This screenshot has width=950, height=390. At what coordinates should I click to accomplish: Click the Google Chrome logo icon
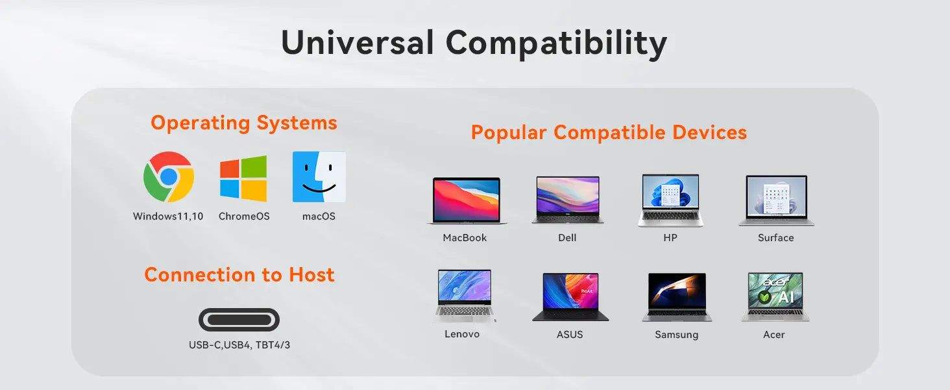169,177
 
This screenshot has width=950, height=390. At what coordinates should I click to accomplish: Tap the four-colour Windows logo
243,179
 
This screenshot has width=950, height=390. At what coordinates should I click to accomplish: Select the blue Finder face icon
319,177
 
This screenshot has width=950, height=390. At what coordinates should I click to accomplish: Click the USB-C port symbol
239,320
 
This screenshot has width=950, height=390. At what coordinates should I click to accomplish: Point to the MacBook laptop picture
467,200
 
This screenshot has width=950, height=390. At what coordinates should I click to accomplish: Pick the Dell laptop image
568,200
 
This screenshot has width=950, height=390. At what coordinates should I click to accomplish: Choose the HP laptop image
670,200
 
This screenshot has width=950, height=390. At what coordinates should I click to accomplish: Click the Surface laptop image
777,200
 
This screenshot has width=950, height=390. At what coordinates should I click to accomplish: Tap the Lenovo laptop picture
465,296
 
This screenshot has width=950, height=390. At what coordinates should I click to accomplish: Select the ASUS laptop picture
570,296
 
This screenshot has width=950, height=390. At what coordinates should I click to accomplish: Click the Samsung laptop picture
677,297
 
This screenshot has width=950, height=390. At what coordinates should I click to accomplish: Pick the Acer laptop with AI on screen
775,296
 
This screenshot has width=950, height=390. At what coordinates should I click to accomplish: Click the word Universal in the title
358,42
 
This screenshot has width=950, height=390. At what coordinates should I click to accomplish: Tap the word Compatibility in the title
556,44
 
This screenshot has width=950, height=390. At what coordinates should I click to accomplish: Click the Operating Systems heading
244,123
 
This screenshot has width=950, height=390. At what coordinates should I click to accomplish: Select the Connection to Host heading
239,274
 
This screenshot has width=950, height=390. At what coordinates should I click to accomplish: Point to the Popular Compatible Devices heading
609,133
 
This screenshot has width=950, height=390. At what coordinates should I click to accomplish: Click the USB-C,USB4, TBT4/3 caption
239,345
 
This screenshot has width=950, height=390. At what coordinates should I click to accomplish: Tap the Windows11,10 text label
168,216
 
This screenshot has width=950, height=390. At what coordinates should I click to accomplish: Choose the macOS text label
319,216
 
